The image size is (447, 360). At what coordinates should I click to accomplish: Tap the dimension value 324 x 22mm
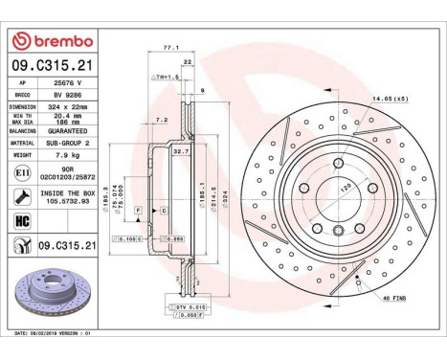[68, 107]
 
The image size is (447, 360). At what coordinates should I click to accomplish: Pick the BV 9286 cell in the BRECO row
[68, 96]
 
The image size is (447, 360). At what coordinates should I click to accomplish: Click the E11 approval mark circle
[21, 171]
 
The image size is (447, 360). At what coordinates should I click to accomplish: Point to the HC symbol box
[21, 221]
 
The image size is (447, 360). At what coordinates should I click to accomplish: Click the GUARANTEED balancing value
[68, 129]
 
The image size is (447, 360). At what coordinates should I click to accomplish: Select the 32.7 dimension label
[178, 151]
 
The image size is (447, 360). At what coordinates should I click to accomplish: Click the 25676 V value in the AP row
[68, 84]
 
